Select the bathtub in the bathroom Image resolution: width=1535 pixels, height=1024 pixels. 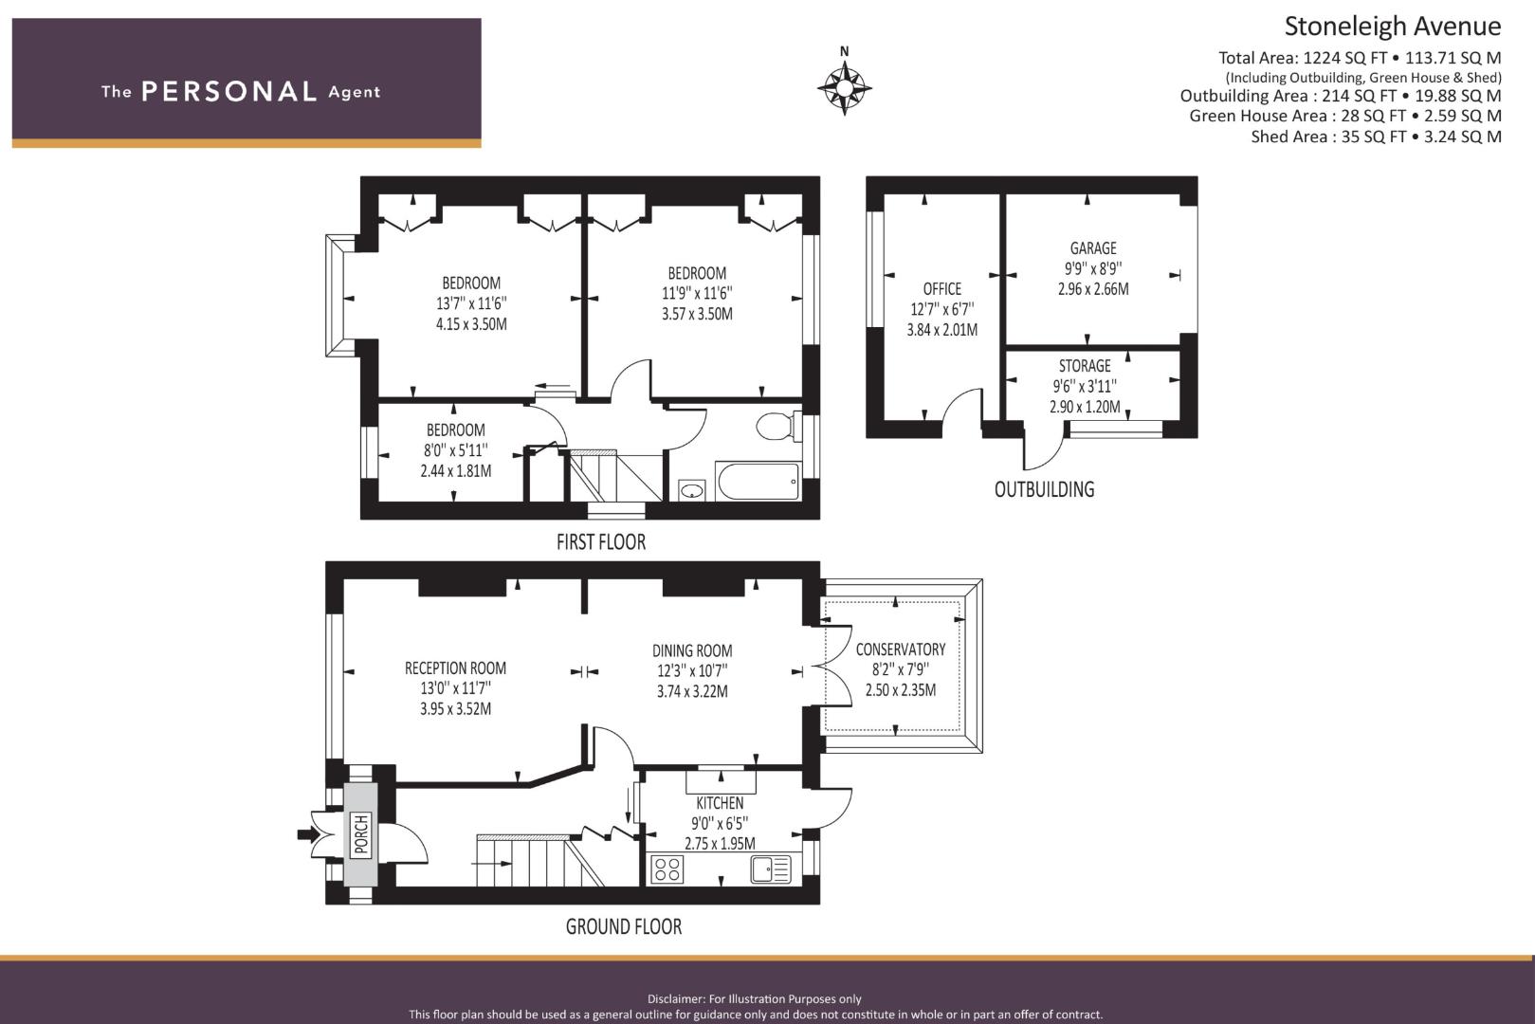click(758, 481)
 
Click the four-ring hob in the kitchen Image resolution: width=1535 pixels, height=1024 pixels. click(667, 869)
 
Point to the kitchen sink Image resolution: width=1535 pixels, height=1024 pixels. click(771, 869)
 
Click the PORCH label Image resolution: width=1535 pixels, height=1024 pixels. click(361, 834)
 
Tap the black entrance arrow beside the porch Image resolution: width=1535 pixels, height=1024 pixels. click(308, 834)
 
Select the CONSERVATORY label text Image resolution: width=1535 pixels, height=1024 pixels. click(901, 649)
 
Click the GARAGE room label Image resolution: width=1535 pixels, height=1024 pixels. click(1093, 248)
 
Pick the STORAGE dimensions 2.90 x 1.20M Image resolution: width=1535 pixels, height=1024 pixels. click(1085, 407)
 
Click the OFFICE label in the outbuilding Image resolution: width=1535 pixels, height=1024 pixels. click(942, 289)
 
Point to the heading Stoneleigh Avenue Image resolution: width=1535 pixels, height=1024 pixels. click(1393, 27)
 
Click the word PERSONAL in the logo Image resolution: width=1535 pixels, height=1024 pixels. click(228, 92)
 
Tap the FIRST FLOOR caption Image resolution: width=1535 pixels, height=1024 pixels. click(601, 542)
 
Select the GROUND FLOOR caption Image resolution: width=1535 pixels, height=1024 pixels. click(624, 926)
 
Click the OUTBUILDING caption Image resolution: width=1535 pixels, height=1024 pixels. click(1044, 489)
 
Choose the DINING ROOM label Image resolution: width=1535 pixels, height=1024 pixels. click(692, 650)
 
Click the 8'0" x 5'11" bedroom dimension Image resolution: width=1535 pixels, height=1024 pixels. click(456, 450)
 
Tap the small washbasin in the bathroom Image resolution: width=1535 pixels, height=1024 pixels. click(692, 491)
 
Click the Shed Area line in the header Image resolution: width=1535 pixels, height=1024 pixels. click(1376, 137)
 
